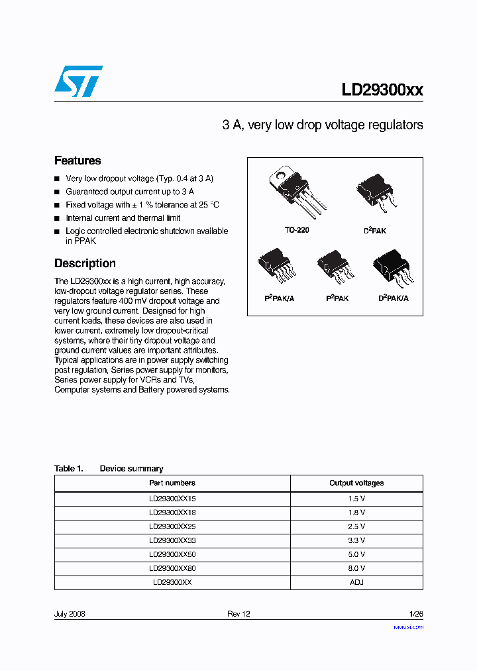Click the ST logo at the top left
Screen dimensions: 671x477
[78, 81]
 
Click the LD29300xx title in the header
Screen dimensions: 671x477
[382, 90]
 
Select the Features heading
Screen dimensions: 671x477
[78, 160]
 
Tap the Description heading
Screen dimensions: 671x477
[85, 263]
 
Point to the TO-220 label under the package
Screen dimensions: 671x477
[297, 230]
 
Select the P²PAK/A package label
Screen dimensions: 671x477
[279, 299]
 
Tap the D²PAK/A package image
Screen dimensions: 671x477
[393, 268]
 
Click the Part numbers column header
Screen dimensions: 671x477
[172, 483]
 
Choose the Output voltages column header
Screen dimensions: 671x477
[356, 483]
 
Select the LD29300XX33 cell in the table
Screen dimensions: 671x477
[172, 540]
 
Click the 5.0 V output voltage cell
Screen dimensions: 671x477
[356, 554]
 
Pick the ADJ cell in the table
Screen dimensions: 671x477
[356, 582]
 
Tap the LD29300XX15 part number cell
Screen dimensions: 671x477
[172, 498]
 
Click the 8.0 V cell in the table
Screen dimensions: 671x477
[356, 568]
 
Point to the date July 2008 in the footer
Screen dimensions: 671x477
[70, 614]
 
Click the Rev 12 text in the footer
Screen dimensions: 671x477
[238, 614]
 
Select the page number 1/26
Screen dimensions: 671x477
[415, 614]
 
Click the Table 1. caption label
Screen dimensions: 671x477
[68, 469]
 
